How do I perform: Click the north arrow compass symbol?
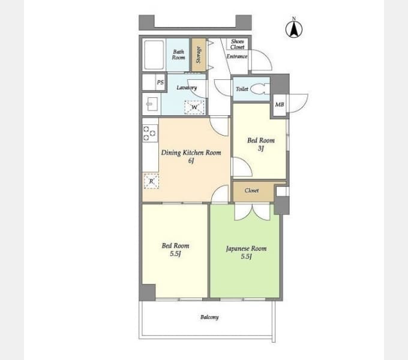point(294,28)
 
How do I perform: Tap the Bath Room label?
point(178,55)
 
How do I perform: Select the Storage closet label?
point(199,55)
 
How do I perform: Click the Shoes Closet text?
point(238,44)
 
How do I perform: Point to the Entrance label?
point(237,56)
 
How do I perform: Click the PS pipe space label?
point(160,82)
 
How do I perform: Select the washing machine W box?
point(194,107)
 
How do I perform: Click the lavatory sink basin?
point(152,104)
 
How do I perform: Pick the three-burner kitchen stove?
point(150,133)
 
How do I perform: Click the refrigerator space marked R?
point(151,181)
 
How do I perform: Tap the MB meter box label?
point(280,104)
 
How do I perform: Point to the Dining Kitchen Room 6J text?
point(191,157)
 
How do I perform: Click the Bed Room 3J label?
point(261,144)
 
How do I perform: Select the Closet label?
point(251,190)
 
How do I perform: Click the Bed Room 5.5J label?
point(175,250)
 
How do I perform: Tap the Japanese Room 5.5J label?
point(246,253)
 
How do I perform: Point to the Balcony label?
point(209,317)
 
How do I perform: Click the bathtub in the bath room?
point(154,55)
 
